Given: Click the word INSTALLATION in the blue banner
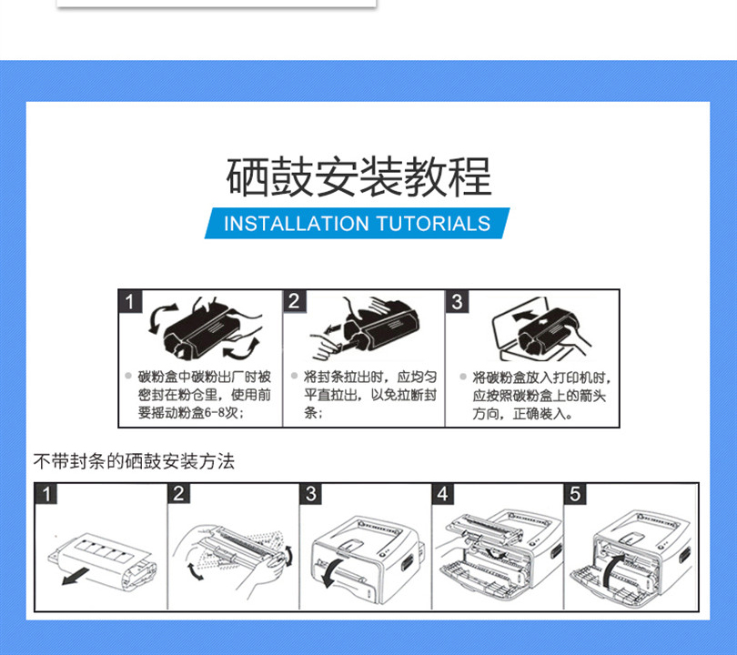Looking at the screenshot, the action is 297,224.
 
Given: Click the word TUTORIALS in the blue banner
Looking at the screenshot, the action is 433,224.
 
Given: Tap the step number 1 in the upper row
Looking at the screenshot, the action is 130,301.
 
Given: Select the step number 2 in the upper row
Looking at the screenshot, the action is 294,301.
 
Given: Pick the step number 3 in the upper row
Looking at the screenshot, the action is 457,302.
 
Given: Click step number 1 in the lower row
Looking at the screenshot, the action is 46,494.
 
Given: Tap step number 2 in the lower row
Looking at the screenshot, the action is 178,494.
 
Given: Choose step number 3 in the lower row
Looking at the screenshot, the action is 310,494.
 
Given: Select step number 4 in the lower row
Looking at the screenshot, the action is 443,494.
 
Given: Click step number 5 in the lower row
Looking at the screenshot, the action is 575,494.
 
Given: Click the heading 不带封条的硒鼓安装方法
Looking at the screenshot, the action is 134,461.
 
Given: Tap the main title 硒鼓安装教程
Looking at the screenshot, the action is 358,177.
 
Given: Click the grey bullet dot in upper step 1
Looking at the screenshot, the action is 128,376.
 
